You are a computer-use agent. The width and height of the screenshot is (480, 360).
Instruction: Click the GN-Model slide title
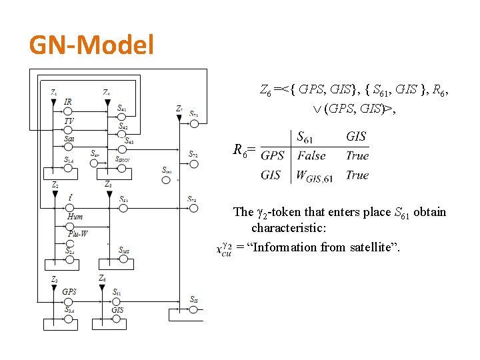coord(91,46)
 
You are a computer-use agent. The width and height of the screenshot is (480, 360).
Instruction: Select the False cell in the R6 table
coord(311,156)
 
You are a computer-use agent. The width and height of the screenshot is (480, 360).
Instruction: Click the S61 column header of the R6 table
coord(305,137)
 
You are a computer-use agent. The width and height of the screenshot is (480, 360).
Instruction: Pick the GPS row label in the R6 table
coord(272,156)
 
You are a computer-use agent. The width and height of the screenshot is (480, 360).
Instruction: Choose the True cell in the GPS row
coord(357,156)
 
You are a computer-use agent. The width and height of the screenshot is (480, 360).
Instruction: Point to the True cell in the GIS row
coord(357,175)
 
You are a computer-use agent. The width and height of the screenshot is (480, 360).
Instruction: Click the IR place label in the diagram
coord(68,102)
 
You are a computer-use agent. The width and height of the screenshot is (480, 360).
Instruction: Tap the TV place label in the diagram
coord(69,122)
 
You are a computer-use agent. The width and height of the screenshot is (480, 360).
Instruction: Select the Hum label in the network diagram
coord(75,216)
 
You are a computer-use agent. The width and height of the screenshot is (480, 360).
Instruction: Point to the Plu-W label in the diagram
coord(77,233)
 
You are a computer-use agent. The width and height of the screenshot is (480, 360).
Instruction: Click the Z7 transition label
coord(179,108)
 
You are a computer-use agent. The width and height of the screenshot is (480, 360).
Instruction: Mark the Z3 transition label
coord(54,279)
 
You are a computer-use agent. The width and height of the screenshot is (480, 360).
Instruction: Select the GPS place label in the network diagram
coord(69,292)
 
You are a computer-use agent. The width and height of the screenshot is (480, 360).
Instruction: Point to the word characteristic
coord(288,229)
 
